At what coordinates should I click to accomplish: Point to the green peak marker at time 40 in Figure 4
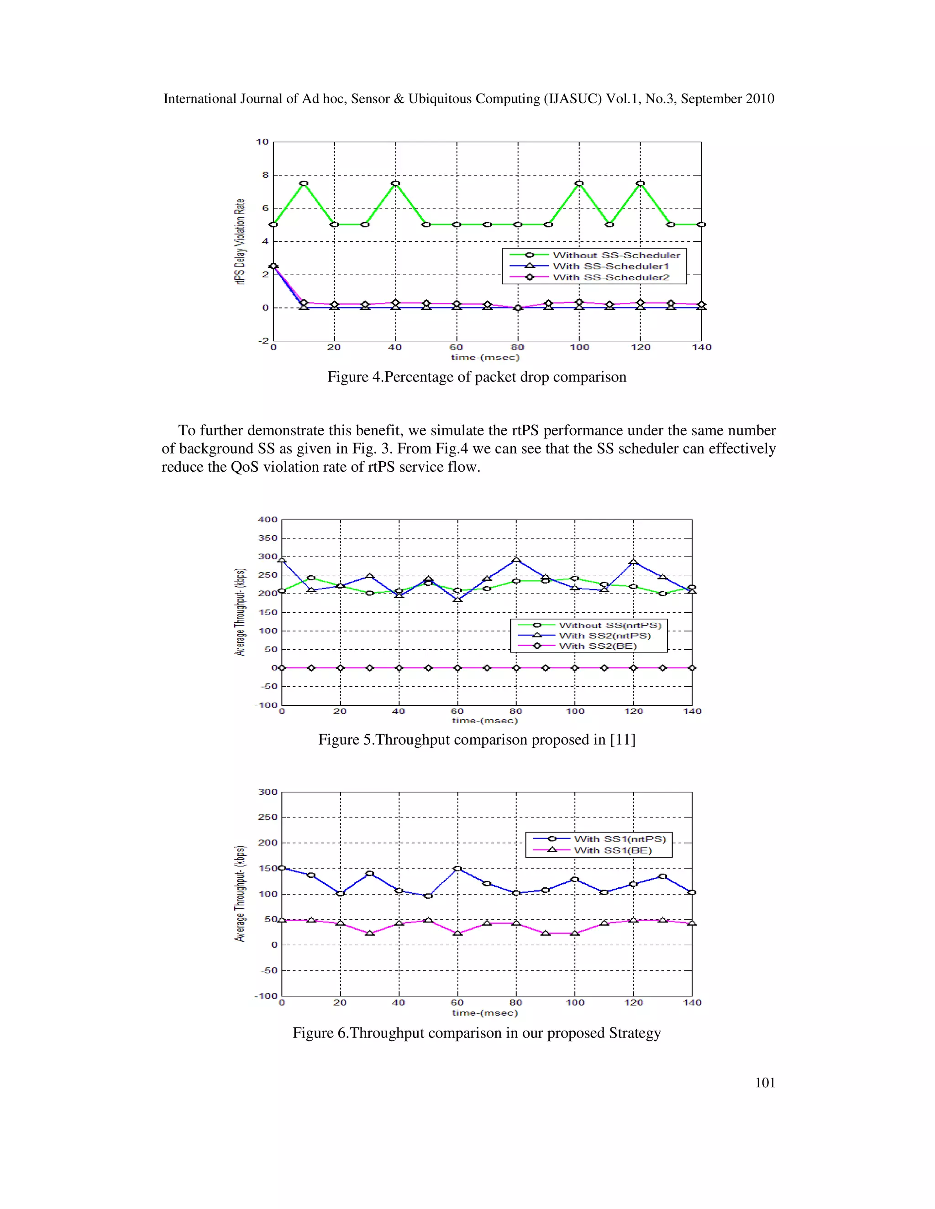point(395,183)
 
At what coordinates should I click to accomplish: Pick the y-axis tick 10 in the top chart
point(262,142)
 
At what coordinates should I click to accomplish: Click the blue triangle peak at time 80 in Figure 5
point(516,560)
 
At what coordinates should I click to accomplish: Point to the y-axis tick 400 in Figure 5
point(268,520)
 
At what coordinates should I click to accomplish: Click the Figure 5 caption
point(476,740)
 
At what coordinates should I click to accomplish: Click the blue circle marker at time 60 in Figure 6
point(457,869)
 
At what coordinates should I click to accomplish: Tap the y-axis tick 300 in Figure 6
point(268,792)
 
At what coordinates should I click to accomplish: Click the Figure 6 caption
point(476,1033)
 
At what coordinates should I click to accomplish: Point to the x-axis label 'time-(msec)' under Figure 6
point(485,1012)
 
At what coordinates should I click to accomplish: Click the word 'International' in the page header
point(200,99)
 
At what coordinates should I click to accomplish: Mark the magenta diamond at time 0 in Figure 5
point(282,668)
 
